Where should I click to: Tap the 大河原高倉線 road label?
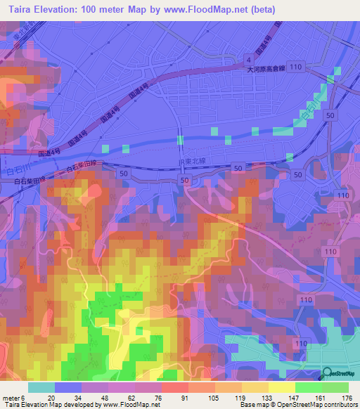click(x=267, y=70)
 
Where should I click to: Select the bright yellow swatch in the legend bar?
click(x=281, y=387)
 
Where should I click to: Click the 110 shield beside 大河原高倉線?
click(x=297, y=65)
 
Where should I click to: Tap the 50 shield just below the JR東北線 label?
click(x=185, y=181)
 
